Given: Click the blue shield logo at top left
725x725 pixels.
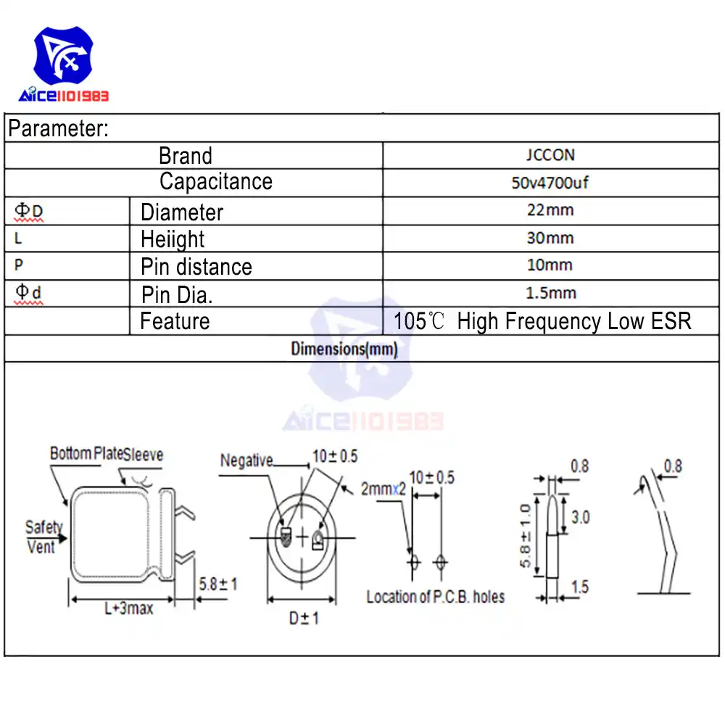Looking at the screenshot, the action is (63, 56).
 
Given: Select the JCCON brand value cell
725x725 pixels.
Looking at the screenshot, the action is (550, 155).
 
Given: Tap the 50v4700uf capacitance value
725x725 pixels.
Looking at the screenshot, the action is (550, 183).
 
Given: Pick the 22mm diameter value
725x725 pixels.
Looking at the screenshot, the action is (550, 210).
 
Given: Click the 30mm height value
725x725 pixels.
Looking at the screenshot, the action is (550, 238).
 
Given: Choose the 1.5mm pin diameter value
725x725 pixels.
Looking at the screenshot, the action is (551, 293).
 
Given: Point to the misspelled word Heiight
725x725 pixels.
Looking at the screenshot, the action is (173, 239).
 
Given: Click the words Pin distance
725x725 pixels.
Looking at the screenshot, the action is (196, 267).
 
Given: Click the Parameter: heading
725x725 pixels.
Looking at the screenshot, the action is (58, 128).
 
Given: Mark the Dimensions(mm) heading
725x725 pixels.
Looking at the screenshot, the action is (344, 349).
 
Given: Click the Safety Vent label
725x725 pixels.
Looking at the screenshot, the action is (43, 536).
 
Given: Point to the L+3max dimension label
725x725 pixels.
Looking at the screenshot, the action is (128, 608).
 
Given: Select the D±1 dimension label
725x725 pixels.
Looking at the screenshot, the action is (304, 618).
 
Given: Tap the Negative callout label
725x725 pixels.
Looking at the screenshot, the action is (246, 460).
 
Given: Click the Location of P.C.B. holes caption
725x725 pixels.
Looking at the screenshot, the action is (436, 597).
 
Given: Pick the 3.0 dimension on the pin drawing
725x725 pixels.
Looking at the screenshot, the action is (580, 517).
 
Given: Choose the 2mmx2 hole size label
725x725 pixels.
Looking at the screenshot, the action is (384, 489).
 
